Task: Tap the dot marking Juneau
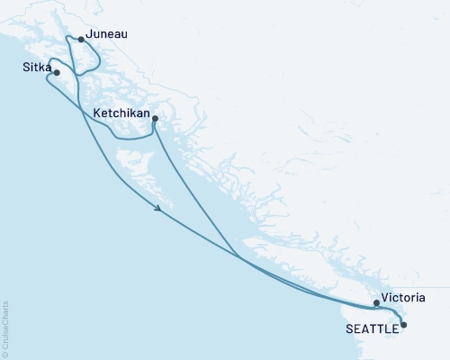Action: [x=82, y=40]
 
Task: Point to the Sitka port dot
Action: [x=57, y=73]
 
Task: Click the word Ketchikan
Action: [x=121, y=113]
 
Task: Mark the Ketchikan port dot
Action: [x=155, y=119]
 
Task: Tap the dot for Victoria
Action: [x=376, y=303]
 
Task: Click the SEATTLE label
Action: [x=370, y=328]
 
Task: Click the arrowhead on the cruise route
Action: [x=159, y=209]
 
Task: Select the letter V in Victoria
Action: [x=385, y=297]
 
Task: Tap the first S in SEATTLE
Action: [x=349, y=328]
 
